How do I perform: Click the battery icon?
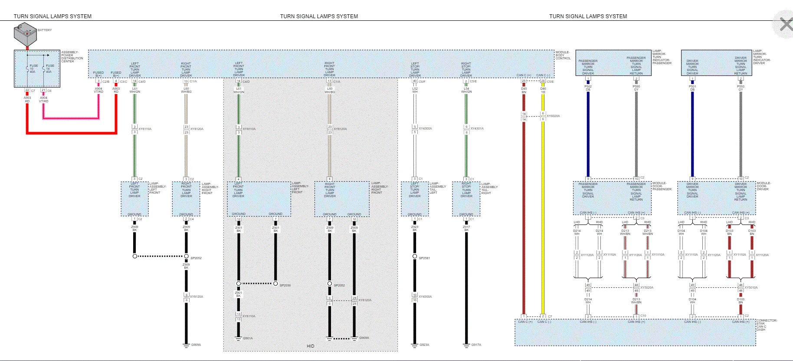point(25,35)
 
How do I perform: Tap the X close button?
point(786,24)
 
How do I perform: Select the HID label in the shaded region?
point(310,346)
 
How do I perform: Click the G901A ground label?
point(248,338)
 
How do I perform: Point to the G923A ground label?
point(424,345)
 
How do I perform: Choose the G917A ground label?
point(476,345)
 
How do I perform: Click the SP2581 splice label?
point(424,258)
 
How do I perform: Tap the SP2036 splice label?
point(285,285)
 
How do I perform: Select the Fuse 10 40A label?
point(33,68)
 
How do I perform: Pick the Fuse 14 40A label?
point(50,68)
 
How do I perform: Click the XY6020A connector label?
point(553,116)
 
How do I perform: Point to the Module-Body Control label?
point(563,55)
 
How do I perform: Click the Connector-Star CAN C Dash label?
point(767,325)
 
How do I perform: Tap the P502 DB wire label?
point(588,88)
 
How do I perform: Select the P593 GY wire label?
point(741,88)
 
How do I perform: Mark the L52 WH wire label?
point(415,90)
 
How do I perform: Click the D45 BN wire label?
point(524,90)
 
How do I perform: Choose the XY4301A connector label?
point(477,128)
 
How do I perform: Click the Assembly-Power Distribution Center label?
point(72,57)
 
